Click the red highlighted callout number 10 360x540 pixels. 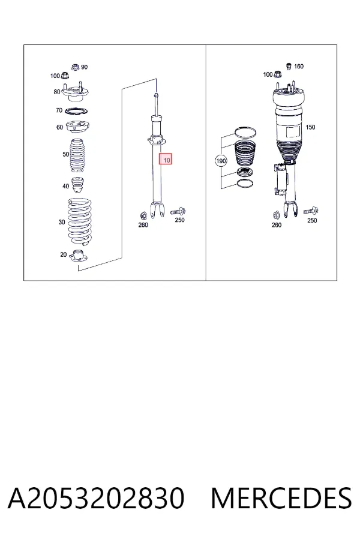[166, 159]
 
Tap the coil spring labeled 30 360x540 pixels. [80, 220]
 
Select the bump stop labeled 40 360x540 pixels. [77, 185]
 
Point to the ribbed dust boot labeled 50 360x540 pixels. [77, 155]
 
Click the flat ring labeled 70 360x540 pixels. [76, 112]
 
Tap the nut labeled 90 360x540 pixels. [76, 67]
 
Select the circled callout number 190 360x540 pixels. [220, 161]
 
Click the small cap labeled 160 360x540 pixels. [289, 66]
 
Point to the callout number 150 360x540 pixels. [310, 127]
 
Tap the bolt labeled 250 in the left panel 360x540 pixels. [178, 211]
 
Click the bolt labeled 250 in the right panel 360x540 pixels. [311, 211]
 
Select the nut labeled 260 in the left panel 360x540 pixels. [143, 215]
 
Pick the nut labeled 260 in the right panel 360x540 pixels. [276, 215]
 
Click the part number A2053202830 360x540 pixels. [96, 498]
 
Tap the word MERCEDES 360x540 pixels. [281, 498]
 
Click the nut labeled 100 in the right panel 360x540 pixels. [278, 74]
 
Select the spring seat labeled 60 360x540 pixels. [77, 128]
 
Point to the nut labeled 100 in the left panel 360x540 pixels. [64, 75]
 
